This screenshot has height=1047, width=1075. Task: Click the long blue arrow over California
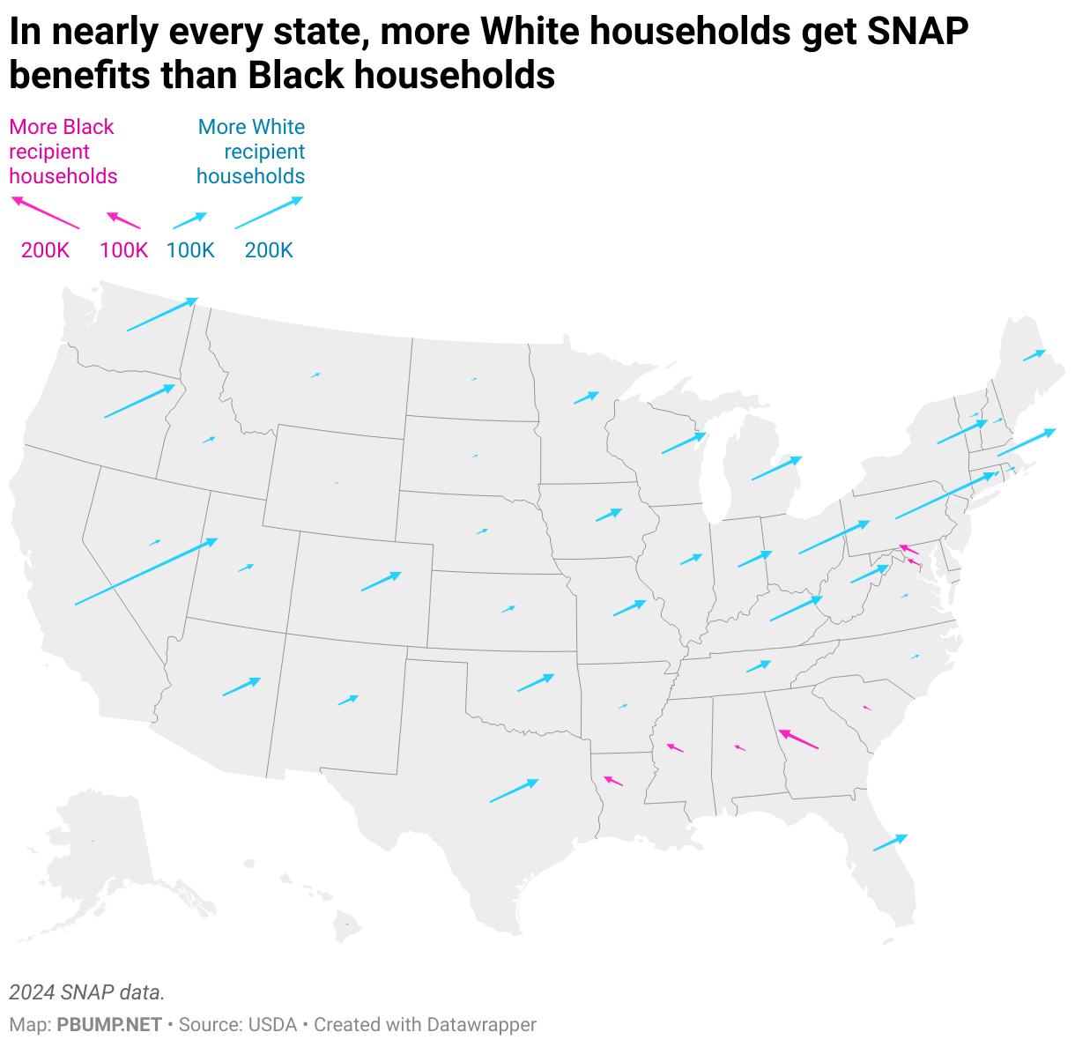coord(146,571)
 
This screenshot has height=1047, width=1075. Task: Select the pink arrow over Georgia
coord(798,739)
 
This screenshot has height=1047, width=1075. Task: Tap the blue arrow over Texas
coord(514,791)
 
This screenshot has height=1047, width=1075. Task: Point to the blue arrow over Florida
coord(890,843)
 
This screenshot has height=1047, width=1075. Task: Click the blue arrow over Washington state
coord(162,315)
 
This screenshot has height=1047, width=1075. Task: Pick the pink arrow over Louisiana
coord(613,781)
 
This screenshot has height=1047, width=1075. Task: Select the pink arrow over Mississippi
coord(675,747)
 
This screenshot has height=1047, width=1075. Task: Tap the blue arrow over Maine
coord(1034,355)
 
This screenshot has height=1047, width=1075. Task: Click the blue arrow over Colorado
coord(381,582)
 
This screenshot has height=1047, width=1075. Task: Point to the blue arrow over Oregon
coord(140,401)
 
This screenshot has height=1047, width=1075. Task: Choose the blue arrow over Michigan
coord(776,468)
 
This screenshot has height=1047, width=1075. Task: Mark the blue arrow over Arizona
coord(241,687)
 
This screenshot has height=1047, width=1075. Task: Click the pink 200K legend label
coord(45,250)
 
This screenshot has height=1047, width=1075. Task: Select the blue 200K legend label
coord(269,250)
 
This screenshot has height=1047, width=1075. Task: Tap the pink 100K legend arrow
coord(123,220)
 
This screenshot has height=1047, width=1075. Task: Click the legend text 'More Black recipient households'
coord(63,152)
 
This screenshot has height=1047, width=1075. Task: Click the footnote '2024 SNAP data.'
coord(87,992)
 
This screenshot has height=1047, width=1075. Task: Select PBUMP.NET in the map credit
coord(109,1025)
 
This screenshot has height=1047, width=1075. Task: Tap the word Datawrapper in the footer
coord(481,1025)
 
